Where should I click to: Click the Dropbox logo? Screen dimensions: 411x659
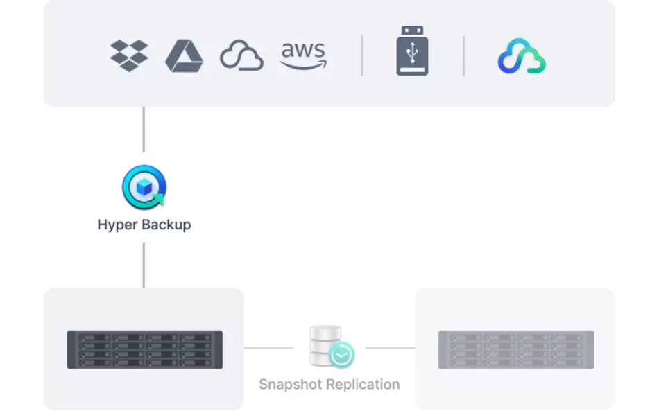point(129,55)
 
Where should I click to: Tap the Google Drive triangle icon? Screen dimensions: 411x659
point(184,56)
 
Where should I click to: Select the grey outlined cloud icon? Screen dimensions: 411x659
point(241,56)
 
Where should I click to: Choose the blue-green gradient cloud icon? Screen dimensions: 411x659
point(522,56)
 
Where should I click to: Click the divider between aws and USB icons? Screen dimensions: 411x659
point(362,55)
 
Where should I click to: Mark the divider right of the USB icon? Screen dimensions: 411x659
point(463,55)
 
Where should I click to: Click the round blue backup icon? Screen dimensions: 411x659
point(144,186)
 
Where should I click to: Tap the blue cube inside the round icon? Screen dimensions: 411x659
point(143,184)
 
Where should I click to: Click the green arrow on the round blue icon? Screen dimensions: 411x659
point(160,200)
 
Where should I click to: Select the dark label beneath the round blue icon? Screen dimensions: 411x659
point(144,225)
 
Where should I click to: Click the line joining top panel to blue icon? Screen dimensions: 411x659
point(144,132)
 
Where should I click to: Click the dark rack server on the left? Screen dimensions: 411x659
point(144,349)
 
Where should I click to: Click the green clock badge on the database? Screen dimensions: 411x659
point(342,354)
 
